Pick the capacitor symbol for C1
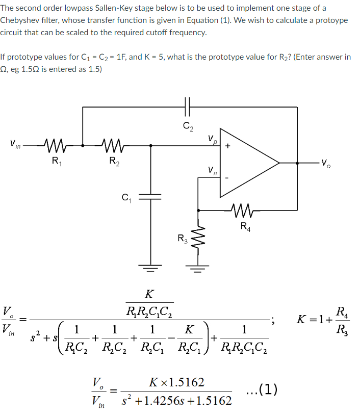[149, 196]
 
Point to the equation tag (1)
[262, 389]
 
